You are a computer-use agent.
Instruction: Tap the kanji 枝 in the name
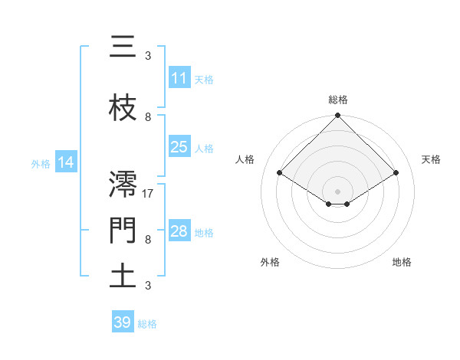point(123,109)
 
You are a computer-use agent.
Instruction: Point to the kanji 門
point(123,227)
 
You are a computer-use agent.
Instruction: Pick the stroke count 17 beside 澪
point(149,194)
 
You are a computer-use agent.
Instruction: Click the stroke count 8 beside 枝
point(148,117)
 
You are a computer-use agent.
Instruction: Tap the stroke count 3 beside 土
point(148,286)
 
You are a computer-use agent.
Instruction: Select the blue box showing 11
point(179,78)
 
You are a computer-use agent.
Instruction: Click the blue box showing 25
point(179,147)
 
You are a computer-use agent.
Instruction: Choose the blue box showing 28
point(179,231)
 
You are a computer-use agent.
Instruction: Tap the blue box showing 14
point(66,162)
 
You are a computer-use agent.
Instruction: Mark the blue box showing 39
point(122,322)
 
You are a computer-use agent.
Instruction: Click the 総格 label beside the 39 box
point(148,324)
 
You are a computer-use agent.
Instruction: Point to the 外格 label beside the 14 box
point(41,163)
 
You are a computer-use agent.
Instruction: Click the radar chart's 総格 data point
point(337,116)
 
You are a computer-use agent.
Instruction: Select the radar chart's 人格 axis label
point(245,159)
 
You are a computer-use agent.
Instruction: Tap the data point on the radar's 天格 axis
point(396,173)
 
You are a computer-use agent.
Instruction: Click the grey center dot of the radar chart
point(337,191)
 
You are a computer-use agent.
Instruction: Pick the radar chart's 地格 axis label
point(402,262)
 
